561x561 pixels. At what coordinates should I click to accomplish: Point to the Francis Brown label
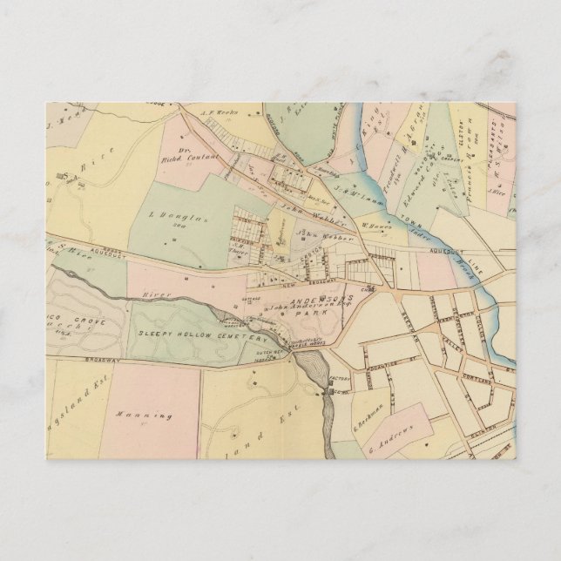point(470,166)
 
